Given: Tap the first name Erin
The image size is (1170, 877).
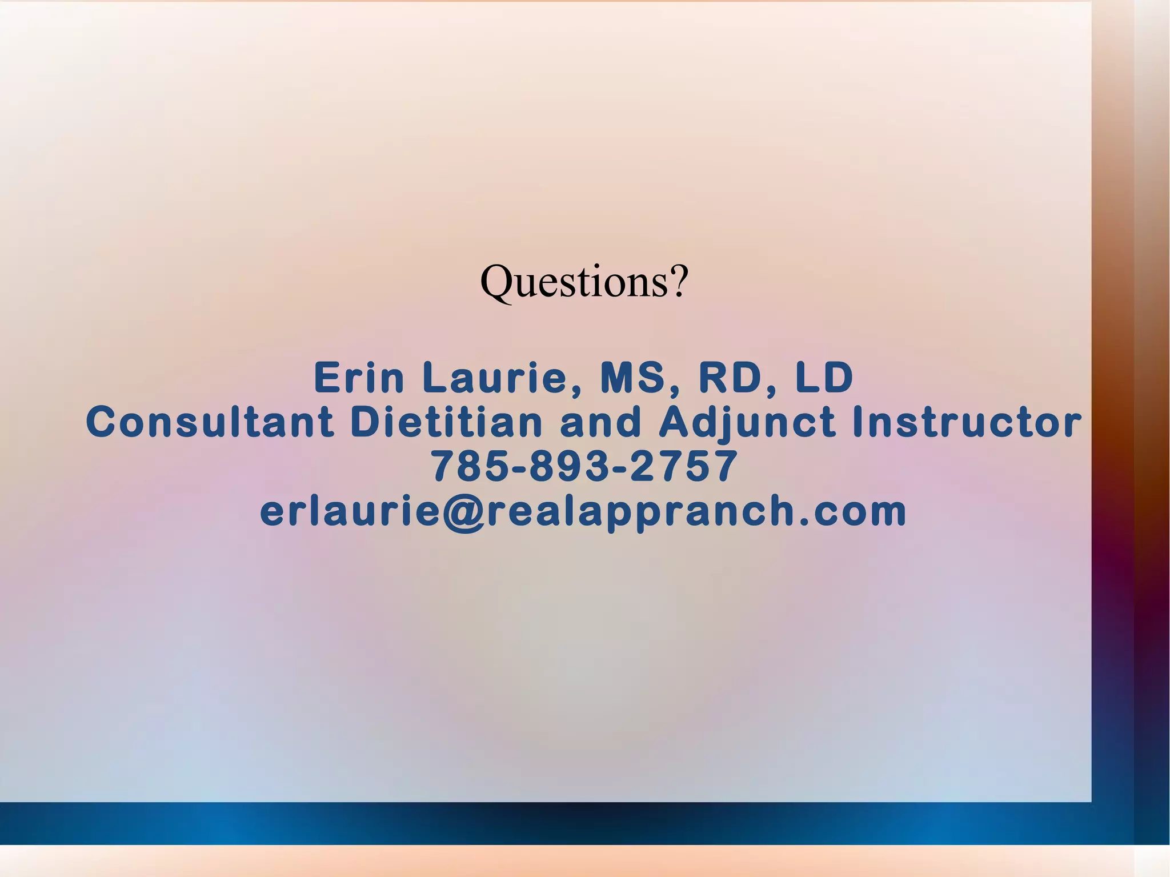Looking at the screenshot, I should coord(359,378).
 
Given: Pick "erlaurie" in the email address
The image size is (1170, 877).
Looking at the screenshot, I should coord(350,511).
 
